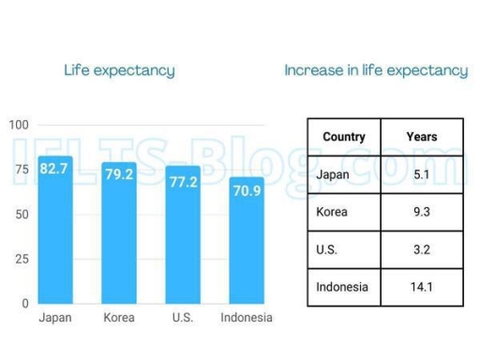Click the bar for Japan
(x=54, y=234)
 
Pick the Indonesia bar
(x=247, y=244)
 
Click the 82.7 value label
(x=54, y=169)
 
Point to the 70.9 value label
(x=247, y=190)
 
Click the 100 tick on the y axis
(x=19, y=125)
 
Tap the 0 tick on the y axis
(x=25, y=304)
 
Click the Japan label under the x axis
(x=54, y=318)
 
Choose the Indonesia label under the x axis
(x=247, y=318)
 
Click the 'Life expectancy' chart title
(x=119, y=70)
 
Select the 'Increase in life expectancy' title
(x=375, y=70)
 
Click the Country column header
(x=343, y=137)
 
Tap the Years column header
(x=422, y=137)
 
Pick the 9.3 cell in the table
(x=422, y=212)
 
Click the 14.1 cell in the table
(x=422, y=287)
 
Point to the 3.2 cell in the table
(x=422, y=249)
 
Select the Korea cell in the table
(x=333, y=212)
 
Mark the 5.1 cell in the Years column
(x=422, y=174)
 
